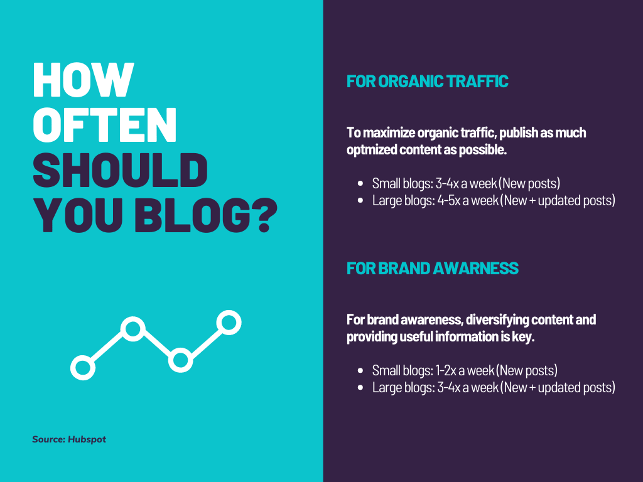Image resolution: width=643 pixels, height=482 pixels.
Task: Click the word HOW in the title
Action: [84, 80]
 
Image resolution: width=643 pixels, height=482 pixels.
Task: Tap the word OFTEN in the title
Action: [105, 125]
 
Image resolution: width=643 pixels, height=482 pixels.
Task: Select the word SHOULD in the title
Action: [120, 170]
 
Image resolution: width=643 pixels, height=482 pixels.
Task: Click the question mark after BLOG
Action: [262, 216]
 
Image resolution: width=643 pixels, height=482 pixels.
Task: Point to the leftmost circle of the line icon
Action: [83, 367]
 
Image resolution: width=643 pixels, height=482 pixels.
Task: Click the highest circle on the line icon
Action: [229, 323]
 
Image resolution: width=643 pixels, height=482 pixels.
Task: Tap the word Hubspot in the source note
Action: [87, 439]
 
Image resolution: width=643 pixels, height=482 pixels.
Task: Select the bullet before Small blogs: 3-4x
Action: [360, 184]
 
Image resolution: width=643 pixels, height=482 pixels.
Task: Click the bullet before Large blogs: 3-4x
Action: [360, 388]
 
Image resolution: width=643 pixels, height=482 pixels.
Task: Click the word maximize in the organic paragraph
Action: [389, 133]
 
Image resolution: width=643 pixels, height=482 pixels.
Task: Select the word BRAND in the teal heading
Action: [404, 269]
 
